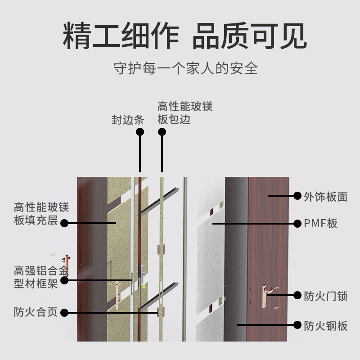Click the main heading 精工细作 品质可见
click(x=185, y=36)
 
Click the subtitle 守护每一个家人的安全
click(x=186, y=68)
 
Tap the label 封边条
click(x=128, y=120)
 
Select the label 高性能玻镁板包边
click(x=185, y=113)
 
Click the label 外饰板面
click(x=325, y=197)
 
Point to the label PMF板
click(x=320, y=223)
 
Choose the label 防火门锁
click(x=325, y=296)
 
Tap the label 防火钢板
click(x=325, y=326)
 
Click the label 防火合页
click(x=36, y=312)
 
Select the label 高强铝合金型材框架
click(x=41, y=277)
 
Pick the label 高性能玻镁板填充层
click(x=41, y=214)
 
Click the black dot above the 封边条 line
click(x=140, y=132)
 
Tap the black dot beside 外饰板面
click(x=297, y=196)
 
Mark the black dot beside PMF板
click(x=297, y=223)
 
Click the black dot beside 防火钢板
click(x=297, y=325)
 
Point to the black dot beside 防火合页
click(x=64, y=313)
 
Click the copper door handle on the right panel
click(x=265, y=296)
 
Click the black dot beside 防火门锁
click(x=297, y=295)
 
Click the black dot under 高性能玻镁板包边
click(x=162, y=132)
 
